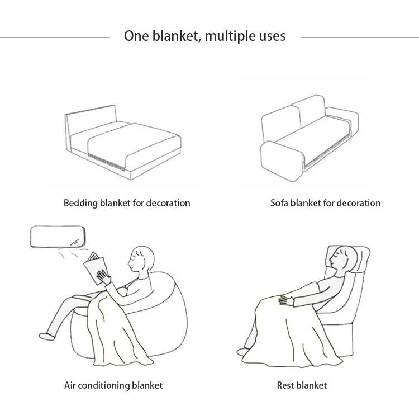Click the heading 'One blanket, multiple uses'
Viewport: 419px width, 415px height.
click(204, 36)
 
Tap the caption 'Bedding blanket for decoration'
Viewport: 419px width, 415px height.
click(127, 202)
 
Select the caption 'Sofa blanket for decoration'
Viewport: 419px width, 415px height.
click(325, 202)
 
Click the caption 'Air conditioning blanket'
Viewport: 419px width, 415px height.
click(113, 385)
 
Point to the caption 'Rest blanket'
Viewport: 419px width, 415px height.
click(302, 385)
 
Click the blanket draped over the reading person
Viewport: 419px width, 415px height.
click(112, 330)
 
